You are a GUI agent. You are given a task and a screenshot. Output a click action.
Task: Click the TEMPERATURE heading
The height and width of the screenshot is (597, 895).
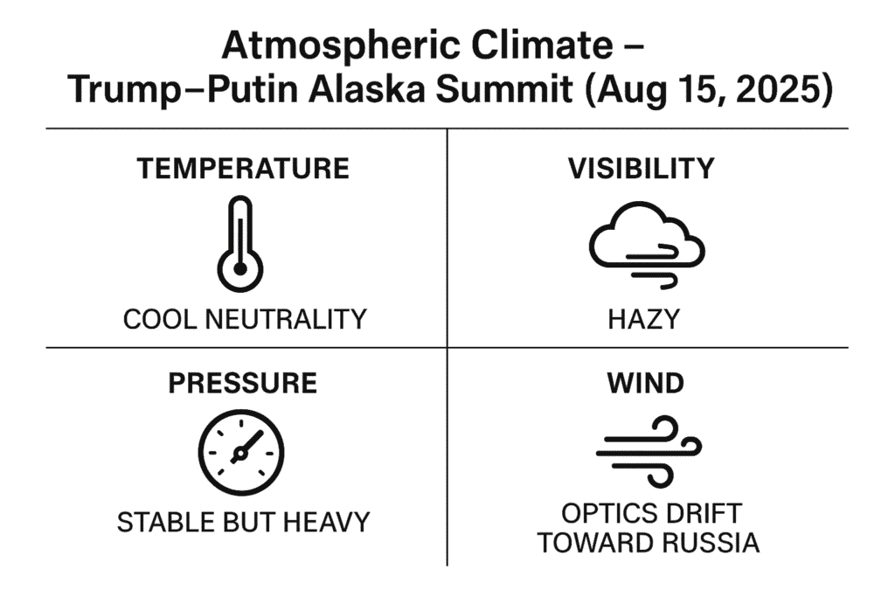click(243, 169)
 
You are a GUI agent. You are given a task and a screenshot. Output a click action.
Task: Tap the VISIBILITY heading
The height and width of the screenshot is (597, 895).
click(641, 169)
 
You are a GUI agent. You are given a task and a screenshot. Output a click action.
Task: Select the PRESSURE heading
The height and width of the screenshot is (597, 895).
click(243, 383)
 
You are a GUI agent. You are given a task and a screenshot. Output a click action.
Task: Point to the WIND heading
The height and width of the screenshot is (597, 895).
click(646, 383)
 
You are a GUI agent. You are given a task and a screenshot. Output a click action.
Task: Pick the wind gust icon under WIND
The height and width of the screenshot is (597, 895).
click(649, 453)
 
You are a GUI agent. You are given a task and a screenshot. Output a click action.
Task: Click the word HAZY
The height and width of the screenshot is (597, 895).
click(644, 319)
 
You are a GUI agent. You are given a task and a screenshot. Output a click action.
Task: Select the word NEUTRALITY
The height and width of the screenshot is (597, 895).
click(286, 319)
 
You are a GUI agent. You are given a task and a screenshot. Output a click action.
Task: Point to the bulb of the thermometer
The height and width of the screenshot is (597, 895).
click(240, 269)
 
